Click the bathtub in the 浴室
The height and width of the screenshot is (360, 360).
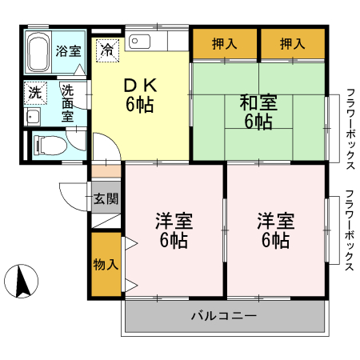pyautogui.click(x=38, y=53)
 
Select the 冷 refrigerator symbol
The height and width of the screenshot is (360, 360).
pyautogui.click(x=106, y=50)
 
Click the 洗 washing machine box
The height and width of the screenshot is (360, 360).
pyautogui.click(x=35, y=92)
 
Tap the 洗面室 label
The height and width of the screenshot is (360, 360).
pyautogui.click(x=70, y=102)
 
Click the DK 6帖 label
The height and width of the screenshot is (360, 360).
pyautogui.click(x=139, y=94)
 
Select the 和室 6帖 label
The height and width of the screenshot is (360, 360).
pyautogui.click(x=258, y=112)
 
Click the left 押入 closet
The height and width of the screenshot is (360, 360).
pyautogui.click(x=225, y=43)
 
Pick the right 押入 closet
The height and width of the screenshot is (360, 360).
pyautogui.click(x=293, y=43)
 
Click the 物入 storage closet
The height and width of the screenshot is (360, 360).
pyautogui.click(x=105, y=265)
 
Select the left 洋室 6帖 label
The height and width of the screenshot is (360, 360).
pyautogui.click(x=174, y=230)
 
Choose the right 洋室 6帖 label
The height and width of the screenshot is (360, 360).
pyautogui.click(x=274, y=230)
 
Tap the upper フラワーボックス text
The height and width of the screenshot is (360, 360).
pyautogui.click(x=350, y=128)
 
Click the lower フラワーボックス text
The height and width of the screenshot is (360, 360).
pyautogui.click(x=350, y=231)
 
